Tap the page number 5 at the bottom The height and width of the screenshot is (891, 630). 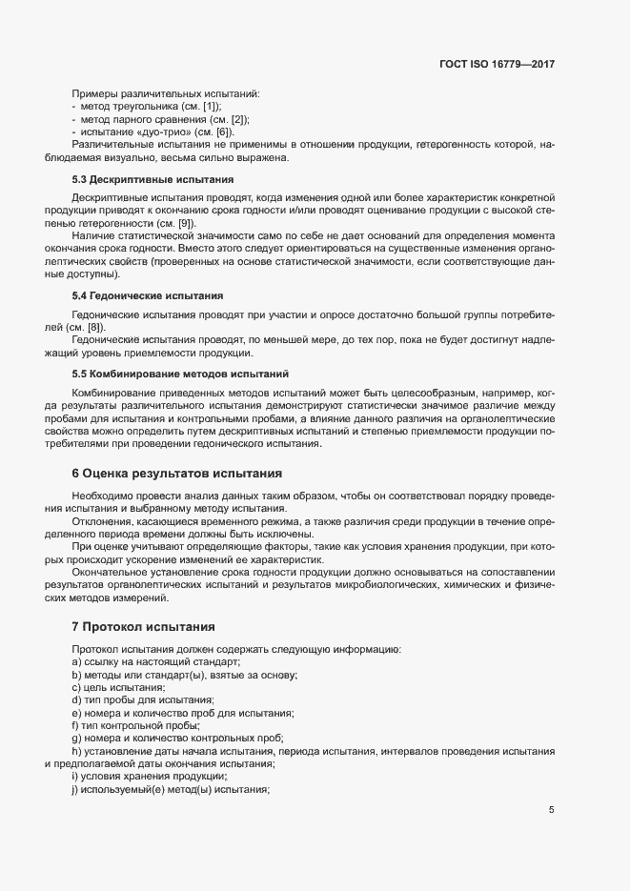pos(551,810)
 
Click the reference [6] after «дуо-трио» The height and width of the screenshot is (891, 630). pos(223,132)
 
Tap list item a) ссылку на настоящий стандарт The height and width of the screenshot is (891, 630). pos(155,661)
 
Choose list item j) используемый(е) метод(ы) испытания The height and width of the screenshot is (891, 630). pos(172,790)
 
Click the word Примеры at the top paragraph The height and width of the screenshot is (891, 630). pos(94,94)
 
